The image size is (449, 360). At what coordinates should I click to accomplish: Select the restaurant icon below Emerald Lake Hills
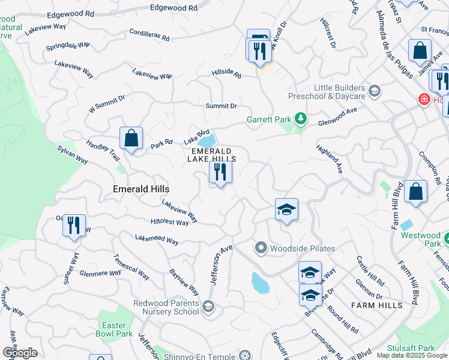click(x=220, y=172)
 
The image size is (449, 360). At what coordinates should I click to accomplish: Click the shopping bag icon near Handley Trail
click(x=131, y=139)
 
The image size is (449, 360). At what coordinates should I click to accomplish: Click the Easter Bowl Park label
click(x=113, y=329)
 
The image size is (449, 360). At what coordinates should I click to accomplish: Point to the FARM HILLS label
click(x=376, y=305)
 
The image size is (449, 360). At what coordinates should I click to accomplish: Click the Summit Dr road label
click(x=221, y=106)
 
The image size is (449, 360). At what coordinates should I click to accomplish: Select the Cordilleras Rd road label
click(x=149, y=35)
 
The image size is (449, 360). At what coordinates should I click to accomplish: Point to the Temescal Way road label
click(x=131, y=267)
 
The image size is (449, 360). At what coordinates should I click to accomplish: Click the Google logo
click(x=20, y=352)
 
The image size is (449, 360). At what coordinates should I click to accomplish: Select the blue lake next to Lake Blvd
click(x=207, y=141)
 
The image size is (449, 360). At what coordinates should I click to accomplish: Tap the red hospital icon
click(x=424, y=99)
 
